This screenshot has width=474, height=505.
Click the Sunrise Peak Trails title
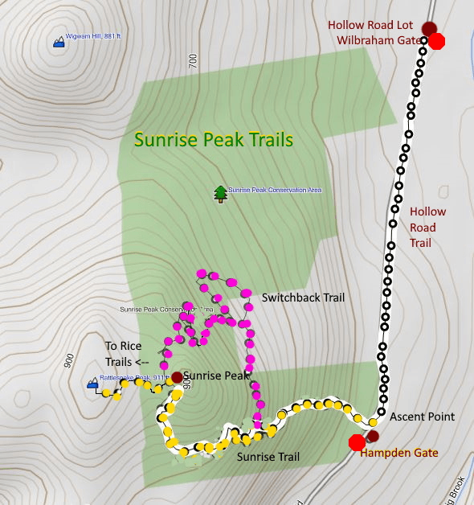tap(214, 140)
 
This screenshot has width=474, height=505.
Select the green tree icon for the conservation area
tap(220, 192)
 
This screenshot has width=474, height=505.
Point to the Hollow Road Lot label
tap(370, 25)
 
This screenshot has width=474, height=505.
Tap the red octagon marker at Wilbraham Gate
tap(436, 41)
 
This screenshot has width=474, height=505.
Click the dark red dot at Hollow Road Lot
tap(429, 29)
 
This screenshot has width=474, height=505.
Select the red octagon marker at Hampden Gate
tap(357, 442)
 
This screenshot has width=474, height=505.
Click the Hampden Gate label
tap(399, 453)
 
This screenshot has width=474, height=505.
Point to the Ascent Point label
tap(423, 417)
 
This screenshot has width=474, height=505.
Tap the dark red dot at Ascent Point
tap(372, 436)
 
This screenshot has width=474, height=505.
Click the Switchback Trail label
tap(303, 298)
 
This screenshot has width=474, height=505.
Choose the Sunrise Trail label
tap(268, 457)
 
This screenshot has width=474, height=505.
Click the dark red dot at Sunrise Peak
tap(177, 376)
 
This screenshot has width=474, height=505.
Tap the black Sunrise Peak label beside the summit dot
tap(217, 376)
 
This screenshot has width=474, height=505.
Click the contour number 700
tap(192, 61)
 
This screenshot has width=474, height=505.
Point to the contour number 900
tap(68, 359)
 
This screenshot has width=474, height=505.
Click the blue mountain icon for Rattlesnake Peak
tap(92, 384)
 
